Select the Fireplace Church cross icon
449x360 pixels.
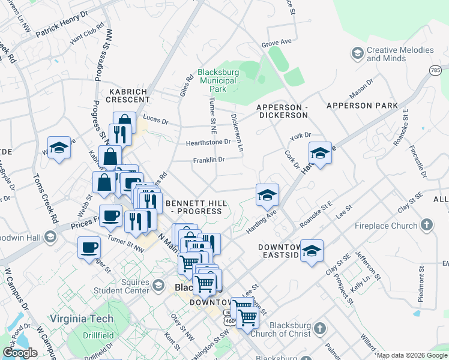426,226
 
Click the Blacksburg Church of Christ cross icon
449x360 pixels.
320,329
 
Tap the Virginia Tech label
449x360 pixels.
80,319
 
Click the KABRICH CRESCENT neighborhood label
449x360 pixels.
128,95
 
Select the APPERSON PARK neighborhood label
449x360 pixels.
362,106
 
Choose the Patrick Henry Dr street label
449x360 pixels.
62,23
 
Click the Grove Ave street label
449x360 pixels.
276,44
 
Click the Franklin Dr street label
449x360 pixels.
208,160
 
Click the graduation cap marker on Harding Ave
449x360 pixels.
267,194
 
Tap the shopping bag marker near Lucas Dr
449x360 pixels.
124,122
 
